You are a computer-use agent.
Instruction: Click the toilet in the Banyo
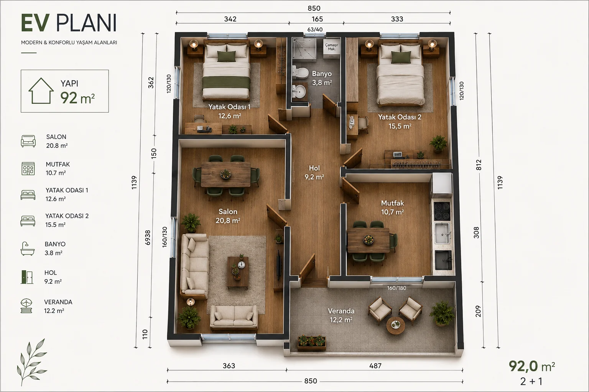click(x=300, y=73)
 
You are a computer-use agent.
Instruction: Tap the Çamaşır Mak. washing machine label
click(x=331, y=47)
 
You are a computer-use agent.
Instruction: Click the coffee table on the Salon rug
click(x=238, y=272)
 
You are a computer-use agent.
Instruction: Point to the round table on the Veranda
click(x=395, y=325)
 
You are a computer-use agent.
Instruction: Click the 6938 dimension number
click(x=148, y=238)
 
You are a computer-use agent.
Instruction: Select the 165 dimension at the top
click(x=317, y=19)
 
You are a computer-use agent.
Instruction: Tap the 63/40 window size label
click(x=315, y=29)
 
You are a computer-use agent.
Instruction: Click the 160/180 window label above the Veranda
click(x=397, y=288)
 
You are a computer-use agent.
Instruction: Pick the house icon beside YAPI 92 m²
click(x=41, y=91)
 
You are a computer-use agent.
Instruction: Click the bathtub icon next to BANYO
click(x=27, y=248)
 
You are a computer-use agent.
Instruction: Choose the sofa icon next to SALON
click(x=28, y=141)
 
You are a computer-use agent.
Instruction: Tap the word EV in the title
click(x=35, y=23)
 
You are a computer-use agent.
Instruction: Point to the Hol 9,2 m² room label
click(x=314, y=173)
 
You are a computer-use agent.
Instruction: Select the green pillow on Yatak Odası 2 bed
click(x=401, y=57)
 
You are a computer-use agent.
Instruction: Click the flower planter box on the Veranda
click(x=312, y=342)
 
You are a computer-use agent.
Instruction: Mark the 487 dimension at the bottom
click(x=375, y=366)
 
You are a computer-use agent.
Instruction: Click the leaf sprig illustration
click(x=31, y=362)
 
